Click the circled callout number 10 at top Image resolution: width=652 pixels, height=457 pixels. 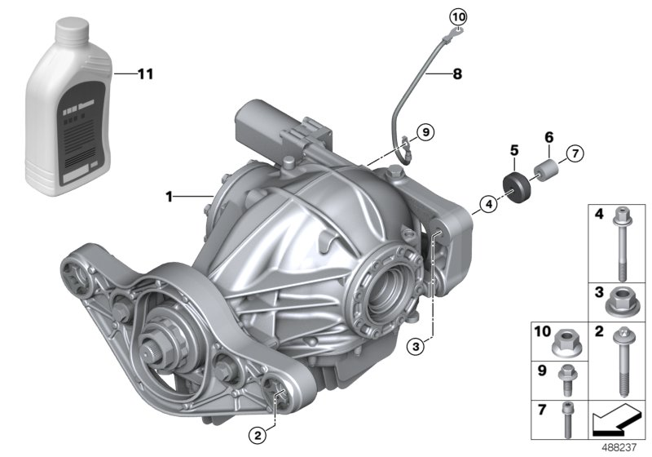pyautogui.click(x=457, y=16)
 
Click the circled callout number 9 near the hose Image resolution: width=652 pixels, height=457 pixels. pyautogui.click(x=423, y=131)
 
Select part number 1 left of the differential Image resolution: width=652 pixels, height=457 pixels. pyautogui.click(x=170, y=196)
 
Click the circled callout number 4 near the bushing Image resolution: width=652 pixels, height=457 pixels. pyautogui.click(x=487, y=204)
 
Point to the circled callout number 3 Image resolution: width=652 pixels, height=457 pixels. pyautogui.click(x=416, y=346)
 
